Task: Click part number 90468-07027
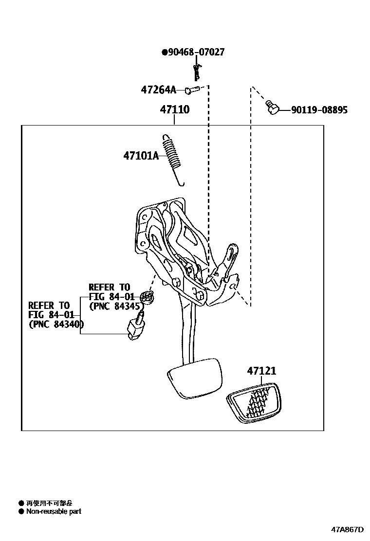click(x=196, y=52)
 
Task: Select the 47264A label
click(x=158, y=90)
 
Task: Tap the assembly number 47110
click(x=175, y=110)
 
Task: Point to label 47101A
click(x=141, y=156)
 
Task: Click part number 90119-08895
click(x=319, y=110)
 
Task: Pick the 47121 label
click(x=261, y=371)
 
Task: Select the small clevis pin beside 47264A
click(x=193, y=90)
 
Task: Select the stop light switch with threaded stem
click(x=135, y=328)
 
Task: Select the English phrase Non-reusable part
click(x=54, y=511)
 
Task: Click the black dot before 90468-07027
click(x=164, y=52)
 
